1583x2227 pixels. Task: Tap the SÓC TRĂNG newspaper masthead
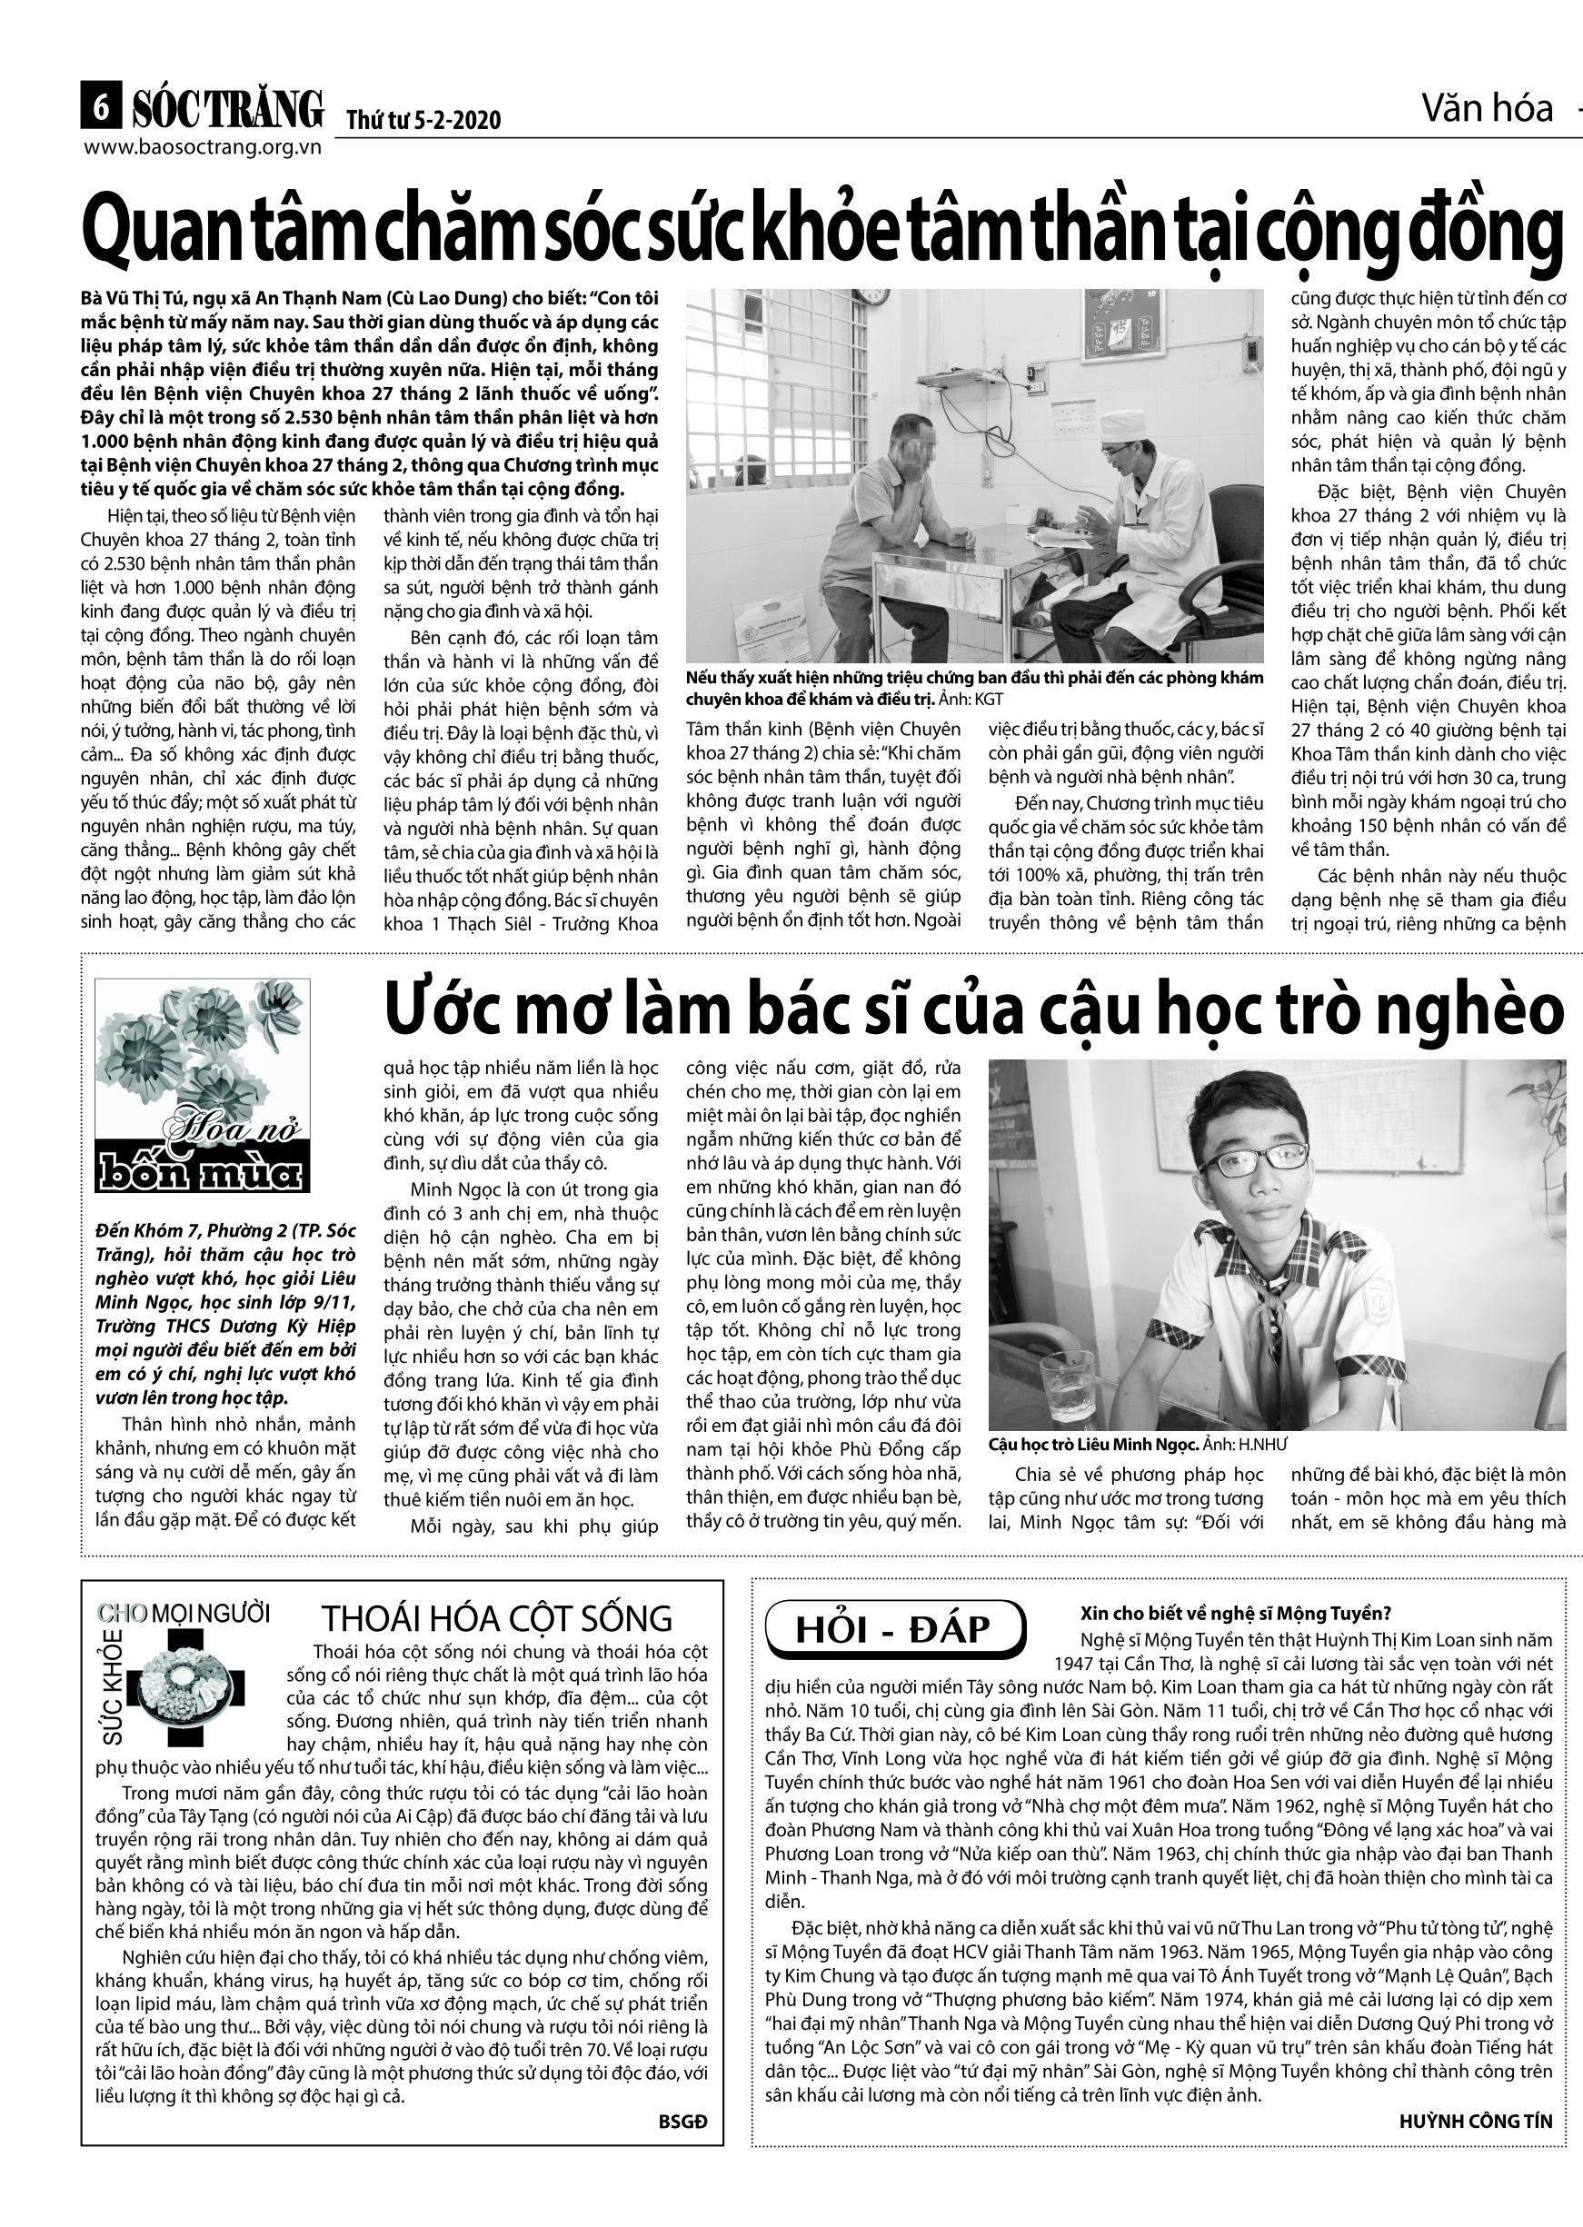click(x=226, y=108)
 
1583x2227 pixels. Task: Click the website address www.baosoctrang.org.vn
click(x=203, y=147)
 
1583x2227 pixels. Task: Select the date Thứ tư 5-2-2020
click(x=423, y=120)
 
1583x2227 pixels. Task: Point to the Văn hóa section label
click(x=1486, y=108)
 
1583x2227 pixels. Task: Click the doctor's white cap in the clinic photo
click(x=1122, y=424)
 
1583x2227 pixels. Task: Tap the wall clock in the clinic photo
click(x=873, y=295)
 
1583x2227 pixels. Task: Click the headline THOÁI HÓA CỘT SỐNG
click(x=496, y=1619)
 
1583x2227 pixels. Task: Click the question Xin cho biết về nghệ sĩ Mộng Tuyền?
click(x=1235, y=1613)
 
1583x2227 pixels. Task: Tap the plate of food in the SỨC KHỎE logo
click(x=184, y=1691)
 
